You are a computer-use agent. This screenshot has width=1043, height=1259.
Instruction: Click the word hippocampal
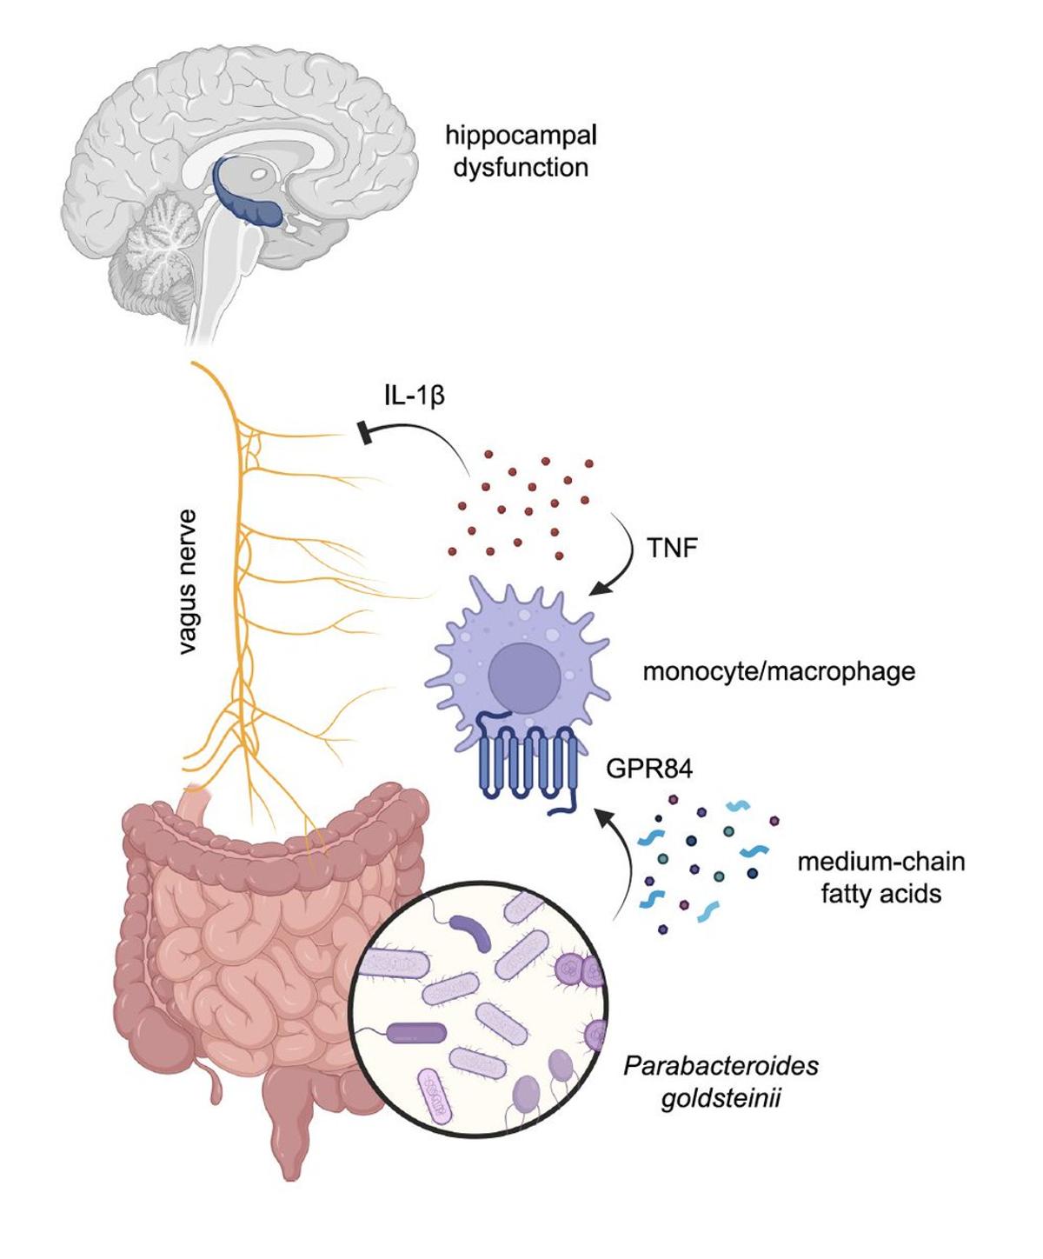[521, 136]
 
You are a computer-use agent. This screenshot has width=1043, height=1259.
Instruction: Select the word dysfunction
[521, 167]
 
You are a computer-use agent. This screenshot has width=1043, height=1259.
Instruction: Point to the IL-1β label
[415, 396]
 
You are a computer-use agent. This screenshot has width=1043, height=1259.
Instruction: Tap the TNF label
[672, 548]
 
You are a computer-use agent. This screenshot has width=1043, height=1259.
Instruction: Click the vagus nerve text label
[188, 582]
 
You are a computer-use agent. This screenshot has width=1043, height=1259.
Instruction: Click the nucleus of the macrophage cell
[523, 677]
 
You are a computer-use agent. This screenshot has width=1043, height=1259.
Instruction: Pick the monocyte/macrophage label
[779, 671]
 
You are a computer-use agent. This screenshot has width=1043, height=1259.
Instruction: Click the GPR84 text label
[649, 769]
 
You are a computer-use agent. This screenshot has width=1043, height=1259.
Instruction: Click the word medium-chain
[880, 862]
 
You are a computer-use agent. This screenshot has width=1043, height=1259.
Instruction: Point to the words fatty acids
[880, 894]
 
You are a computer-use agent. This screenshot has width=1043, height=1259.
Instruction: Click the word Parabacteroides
[721, 1065]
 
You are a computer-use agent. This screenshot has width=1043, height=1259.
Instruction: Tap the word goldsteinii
[721, 1097]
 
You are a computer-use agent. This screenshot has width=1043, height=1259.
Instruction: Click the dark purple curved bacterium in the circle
[470, 933]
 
